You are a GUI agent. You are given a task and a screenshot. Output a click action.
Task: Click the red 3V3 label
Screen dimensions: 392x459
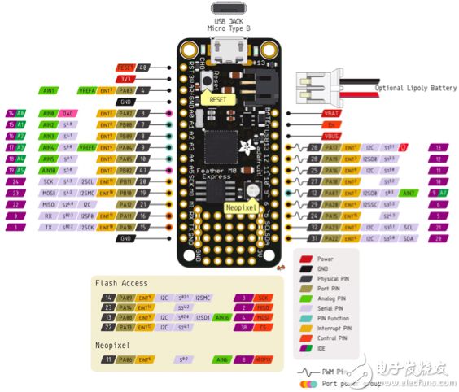(x=125, y=79)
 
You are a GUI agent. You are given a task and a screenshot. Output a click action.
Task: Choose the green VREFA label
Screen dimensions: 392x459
(x=89, y=90)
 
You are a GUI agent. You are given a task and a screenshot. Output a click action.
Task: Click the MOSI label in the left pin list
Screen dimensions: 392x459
(x=48, y=194)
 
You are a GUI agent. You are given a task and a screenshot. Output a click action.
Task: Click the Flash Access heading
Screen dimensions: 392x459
(x=121, y=283)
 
